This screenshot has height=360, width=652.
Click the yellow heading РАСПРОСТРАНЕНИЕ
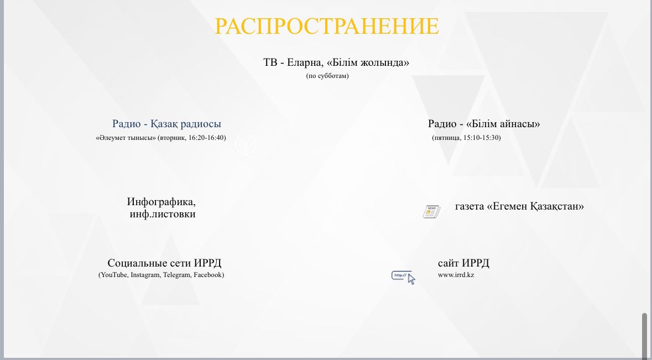click(x=326, y=26)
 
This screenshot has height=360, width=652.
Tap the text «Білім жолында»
click(x=368, y=63)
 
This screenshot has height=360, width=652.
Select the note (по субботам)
click(x=327, y=76)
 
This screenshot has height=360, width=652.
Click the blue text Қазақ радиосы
click(x=185, y=124)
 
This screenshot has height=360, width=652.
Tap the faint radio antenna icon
click(x=246, y=145)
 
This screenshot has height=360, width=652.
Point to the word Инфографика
click(x=161, y=202)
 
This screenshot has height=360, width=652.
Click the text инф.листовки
click(x=163, y=214)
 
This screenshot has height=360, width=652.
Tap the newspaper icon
click(x=431, y=212)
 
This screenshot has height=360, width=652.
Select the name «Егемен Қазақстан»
click(x=535, y=206)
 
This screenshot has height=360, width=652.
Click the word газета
click(x=470, y=207)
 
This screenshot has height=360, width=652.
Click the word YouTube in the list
click(x=114, y=275)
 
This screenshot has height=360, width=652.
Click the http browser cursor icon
click(x=403, y=277)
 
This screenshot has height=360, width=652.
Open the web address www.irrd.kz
click(x=456, y=275)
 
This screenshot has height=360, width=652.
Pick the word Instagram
click(x=145, y=275)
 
